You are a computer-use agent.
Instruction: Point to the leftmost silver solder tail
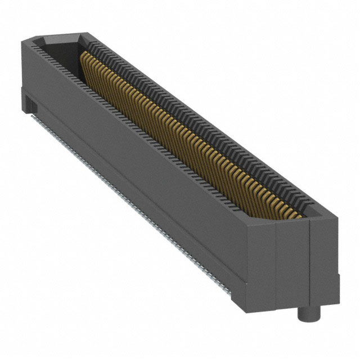(38, 119)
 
